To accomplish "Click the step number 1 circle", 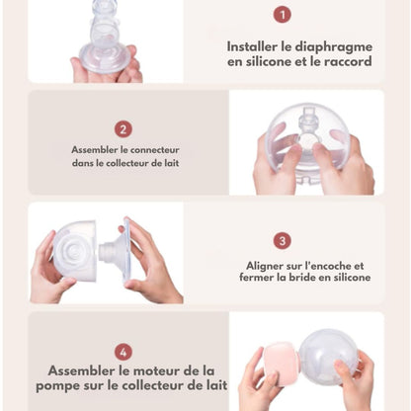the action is (283, 14).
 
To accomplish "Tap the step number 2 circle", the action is (123, 129).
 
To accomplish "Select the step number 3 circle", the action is (283, 240).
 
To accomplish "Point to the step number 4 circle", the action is (123, 352).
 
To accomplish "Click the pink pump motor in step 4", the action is (281, 363).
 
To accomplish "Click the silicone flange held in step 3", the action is (116, 251).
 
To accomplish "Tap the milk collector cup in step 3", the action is (75, 251).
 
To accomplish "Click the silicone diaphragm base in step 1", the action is (104, 60).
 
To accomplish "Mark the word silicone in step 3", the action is (352, 277).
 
